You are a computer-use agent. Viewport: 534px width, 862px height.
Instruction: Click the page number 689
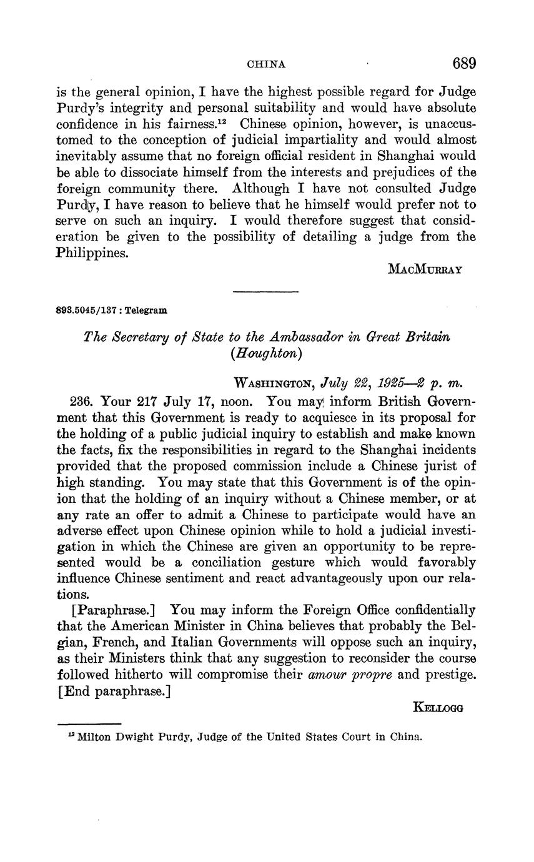pos(464,64)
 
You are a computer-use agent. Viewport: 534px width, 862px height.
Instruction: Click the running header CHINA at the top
pos(267,64)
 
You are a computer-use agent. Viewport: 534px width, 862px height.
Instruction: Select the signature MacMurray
pos(425,269)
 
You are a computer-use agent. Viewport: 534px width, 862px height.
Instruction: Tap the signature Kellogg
pos(438,707)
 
